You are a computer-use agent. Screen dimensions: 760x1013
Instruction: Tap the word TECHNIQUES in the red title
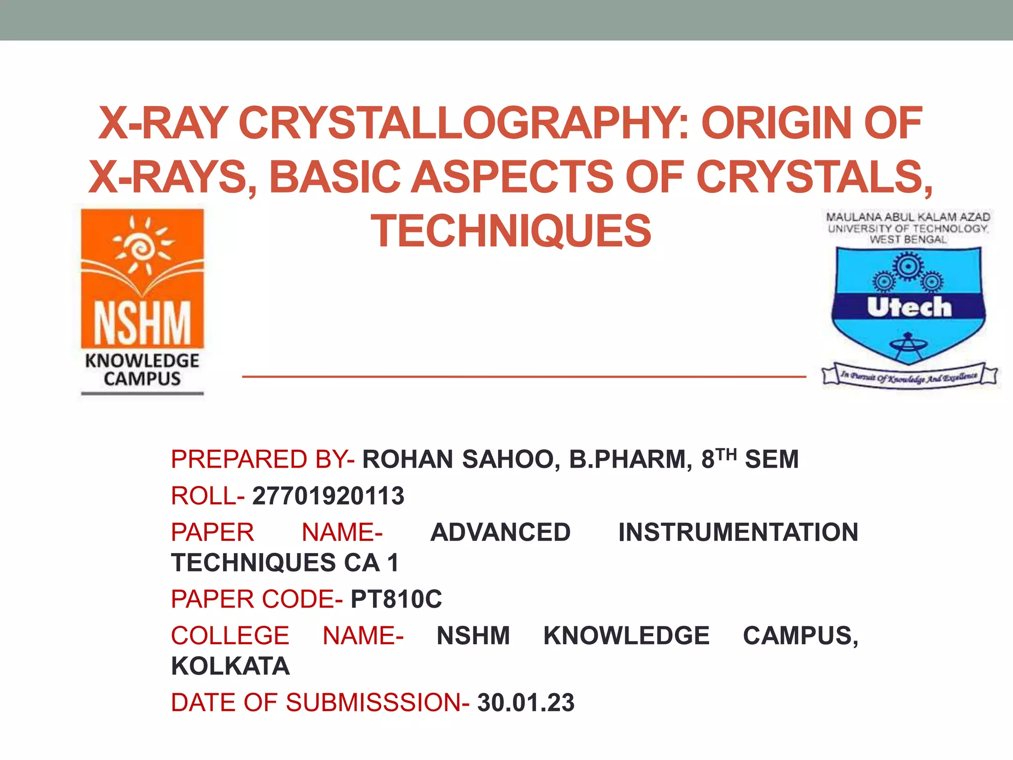pyautogui.click(x=511, y=231)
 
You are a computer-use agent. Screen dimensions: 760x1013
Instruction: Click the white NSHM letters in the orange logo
pyautogui.click(x=142, y=323)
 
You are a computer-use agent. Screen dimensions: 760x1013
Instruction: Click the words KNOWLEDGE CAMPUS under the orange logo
pyautogui.click(x=142, y=370)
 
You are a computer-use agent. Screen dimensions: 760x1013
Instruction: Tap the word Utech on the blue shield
pyautogui.click(x=909, y=307)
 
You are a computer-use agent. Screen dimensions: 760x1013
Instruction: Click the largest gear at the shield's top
pyautogui.click(x=908, y=266)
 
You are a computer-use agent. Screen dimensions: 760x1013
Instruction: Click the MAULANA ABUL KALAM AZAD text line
pyautogui.click(x=908, y=217)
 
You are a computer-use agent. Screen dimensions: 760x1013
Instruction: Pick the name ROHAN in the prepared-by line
pyautogui.click(x=408, y=459)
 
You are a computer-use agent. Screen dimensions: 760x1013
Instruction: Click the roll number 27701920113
pyautogui.click(x=328, y=496)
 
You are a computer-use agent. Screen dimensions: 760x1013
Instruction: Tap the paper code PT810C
pyautogui.click(x=396, y=599)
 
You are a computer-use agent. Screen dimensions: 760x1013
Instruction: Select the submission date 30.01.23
pyautogui.click(x=526, y=703)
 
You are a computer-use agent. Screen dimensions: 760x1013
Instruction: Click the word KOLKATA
pyautogui.click(x=230, y=666)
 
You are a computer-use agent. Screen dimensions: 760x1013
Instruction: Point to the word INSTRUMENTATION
pyautogui.click(x=738, y=532)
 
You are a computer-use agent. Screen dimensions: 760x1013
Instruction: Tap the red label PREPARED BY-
pyautogui.click(x=263, y=459)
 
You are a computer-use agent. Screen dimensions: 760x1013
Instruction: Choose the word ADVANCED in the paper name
pyautogui.click(x=500, y=532)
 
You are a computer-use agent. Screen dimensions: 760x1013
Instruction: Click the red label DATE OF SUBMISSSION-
pyautogui.click(x=320, y=703)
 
